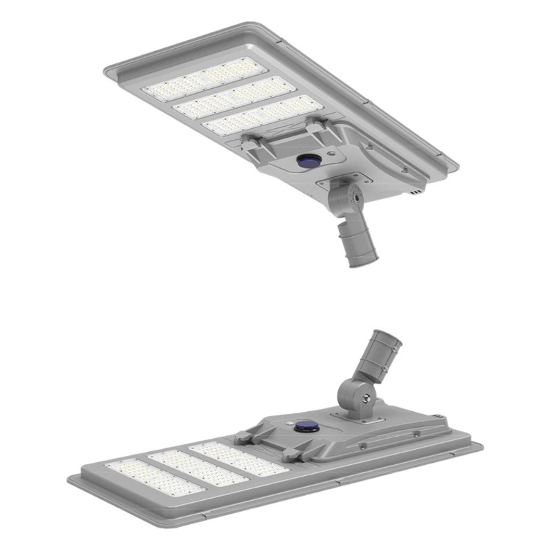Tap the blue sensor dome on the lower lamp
(x=305, y=427)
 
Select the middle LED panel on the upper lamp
(x=230, y=97)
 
